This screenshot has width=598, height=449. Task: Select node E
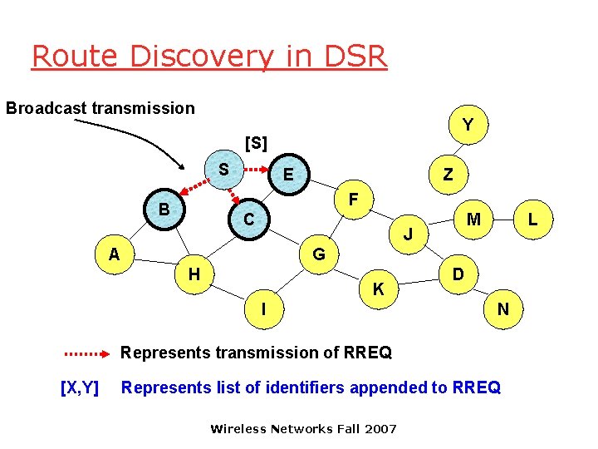pyautogui.click(x=288, y=175)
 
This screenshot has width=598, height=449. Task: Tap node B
pyautogui.click(x=164, y=210)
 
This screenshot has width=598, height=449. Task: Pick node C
pyautogui.click(x=248, y=220)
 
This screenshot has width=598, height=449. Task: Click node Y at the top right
pyautogui.click(x=468, y=125)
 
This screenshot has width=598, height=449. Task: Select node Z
pyautogui.click(x=448, y=175)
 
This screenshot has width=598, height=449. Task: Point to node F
pyautogui.click(x=353, y=200)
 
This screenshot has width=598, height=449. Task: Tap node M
pyautogui.click(x=473, y=220)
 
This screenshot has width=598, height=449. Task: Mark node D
pyautogui.click(x=457, y=274)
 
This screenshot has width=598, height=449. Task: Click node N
pyautogui.click(x=503, y=309)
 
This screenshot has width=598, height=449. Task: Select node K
pyautogui.click(x=378, y=290)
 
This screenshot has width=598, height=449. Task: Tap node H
pyautogui.click(x=194, y=274)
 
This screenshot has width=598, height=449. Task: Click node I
pyautogui.click(x=263, y=309)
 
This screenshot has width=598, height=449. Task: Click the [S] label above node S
pyautogui.click(x=256, y=143)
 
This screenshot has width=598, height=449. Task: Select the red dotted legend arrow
pyautogui.click(x=87, y=353)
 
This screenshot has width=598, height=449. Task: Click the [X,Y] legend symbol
pyautogui.click(x=80, y=387)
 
